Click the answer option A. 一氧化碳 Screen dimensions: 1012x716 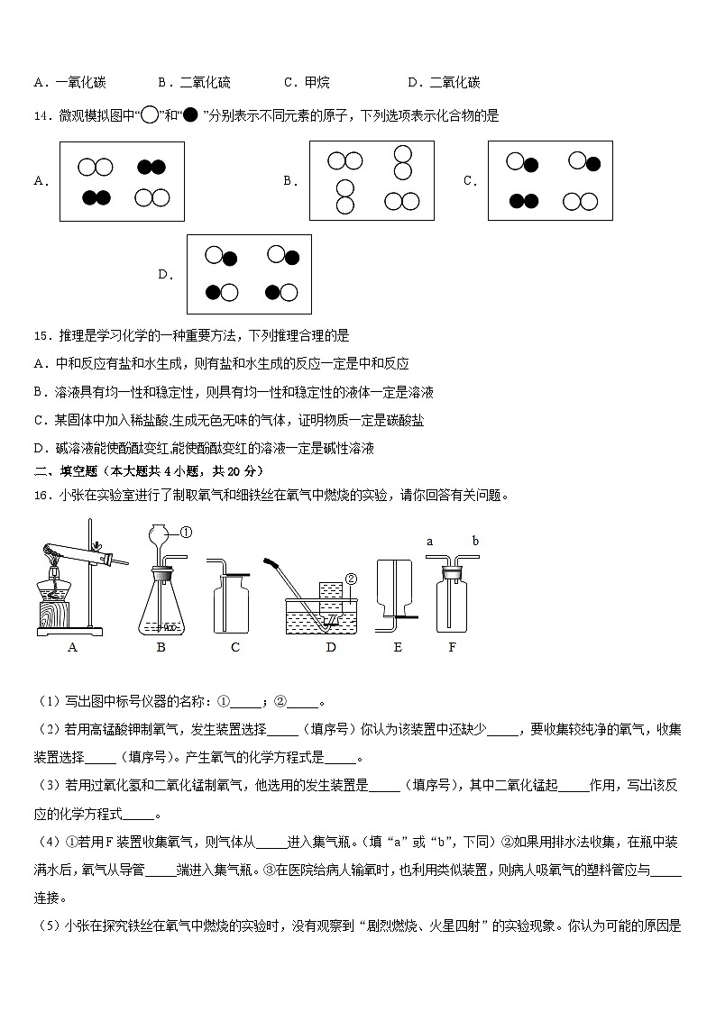(x=69, y=83)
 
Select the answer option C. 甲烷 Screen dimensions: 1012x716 (x=307, y=83)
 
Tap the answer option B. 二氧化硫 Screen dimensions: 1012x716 (x=194, y=83)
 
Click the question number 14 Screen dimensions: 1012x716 (x=41, y=115)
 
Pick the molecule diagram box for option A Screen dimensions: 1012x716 (x=122, y=181)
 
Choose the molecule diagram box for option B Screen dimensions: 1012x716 (x=371, y=180)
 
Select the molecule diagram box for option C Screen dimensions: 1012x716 (x=550, y=180)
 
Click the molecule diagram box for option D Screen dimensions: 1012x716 (x=249, y=274)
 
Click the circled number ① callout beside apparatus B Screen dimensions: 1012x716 (x=187, y=533)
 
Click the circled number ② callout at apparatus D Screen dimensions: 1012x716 (x=351, y=579)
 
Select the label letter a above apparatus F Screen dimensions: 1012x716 (x=430, y=542)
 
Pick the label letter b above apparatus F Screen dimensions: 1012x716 (x=475, y=542)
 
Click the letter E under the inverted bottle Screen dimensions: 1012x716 (x=398, y=647)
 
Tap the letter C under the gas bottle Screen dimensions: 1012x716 (x=234, y=647)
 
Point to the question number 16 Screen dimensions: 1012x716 (x=41, y=495)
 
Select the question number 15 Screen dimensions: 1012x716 (x=41, y=336)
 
